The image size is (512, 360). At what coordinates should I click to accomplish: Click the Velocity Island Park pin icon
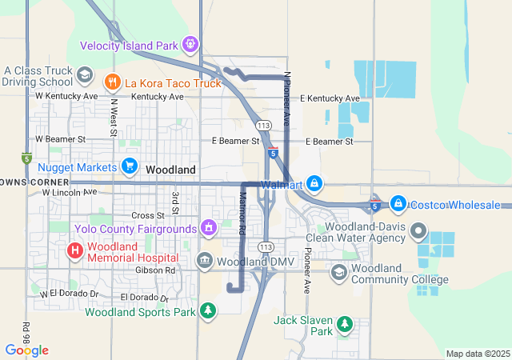coord(190,44)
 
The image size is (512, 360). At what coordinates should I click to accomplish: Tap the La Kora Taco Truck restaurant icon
coord(112,81)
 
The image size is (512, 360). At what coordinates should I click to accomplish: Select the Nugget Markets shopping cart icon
coord(130,166)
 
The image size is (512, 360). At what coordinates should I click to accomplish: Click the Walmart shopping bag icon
coord(314,184)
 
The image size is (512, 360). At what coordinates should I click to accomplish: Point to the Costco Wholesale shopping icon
coord(398,204)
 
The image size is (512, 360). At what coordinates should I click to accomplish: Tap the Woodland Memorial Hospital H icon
coord(75,250)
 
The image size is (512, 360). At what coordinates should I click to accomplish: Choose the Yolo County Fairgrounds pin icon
coord(209,229)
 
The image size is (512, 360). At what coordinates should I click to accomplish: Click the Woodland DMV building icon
coord(204,261)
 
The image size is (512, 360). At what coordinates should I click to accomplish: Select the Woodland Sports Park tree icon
coord(208,310)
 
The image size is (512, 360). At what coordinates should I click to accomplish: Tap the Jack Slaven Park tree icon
coord(345,324)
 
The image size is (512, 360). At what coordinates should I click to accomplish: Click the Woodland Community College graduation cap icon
coord(339,273)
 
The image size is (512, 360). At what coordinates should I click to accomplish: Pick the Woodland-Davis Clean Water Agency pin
coord(418,232)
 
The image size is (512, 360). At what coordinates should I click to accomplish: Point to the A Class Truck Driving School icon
coord(84,75)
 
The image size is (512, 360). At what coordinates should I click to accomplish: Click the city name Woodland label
coord(171,170)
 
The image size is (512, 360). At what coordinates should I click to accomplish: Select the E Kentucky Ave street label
coord(330,98)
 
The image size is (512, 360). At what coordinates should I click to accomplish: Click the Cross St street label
coord(147,215)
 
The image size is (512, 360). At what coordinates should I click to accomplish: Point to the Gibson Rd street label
coord(160,270)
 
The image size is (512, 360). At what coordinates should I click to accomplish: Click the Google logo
coord(26,350)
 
